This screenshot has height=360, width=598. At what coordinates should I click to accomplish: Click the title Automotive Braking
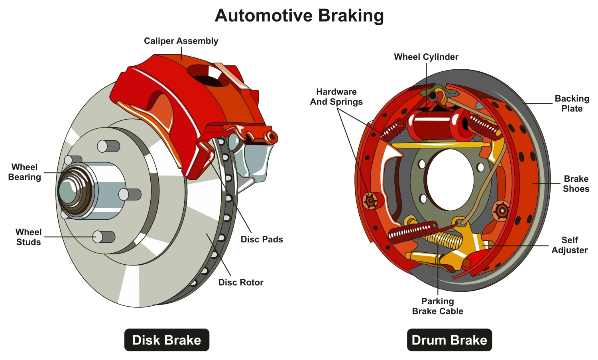pos(299,16)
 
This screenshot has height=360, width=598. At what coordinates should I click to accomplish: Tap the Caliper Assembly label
pos(181,41)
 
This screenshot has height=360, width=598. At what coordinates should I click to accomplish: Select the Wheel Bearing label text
pos(24,172)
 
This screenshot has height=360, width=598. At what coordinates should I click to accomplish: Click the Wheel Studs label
pos(28,237)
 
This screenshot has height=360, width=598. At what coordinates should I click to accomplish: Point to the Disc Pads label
pos(262,240)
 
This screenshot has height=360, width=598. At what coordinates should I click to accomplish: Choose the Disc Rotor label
pos(241,283)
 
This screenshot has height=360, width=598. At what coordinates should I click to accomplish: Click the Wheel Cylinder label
pos(426,57)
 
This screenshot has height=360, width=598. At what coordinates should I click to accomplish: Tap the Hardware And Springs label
pos(336,97)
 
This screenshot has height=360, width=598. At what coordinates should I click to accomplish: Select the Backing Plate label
pos(572,104)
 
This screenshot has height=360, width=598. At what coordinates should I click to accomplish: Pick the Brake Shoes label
pos(576,184)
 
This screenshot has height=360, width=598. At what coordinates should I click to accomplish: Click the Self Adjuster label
pos(569,245)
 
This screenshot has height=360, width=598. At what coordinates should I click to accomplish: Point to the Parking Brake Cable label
pos(437,306)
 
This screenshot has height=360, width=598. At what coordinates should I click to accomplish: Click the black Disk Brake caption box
pos(167,340)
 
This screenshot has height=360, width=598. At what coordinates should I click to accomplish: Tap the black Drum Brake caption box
pos(449,340)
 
